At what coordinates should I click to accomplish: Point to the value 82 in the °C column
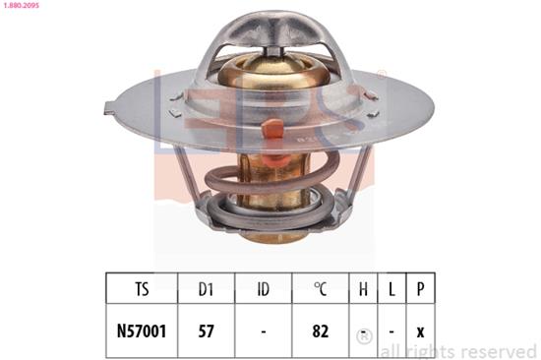tap(320, 332)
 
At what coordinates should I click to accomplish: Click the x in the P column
tap(422, 332)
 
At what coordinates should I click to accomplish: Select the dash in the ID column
tap(263, 332)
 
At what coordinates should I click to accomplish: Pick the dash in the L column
tap(393, 332)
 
